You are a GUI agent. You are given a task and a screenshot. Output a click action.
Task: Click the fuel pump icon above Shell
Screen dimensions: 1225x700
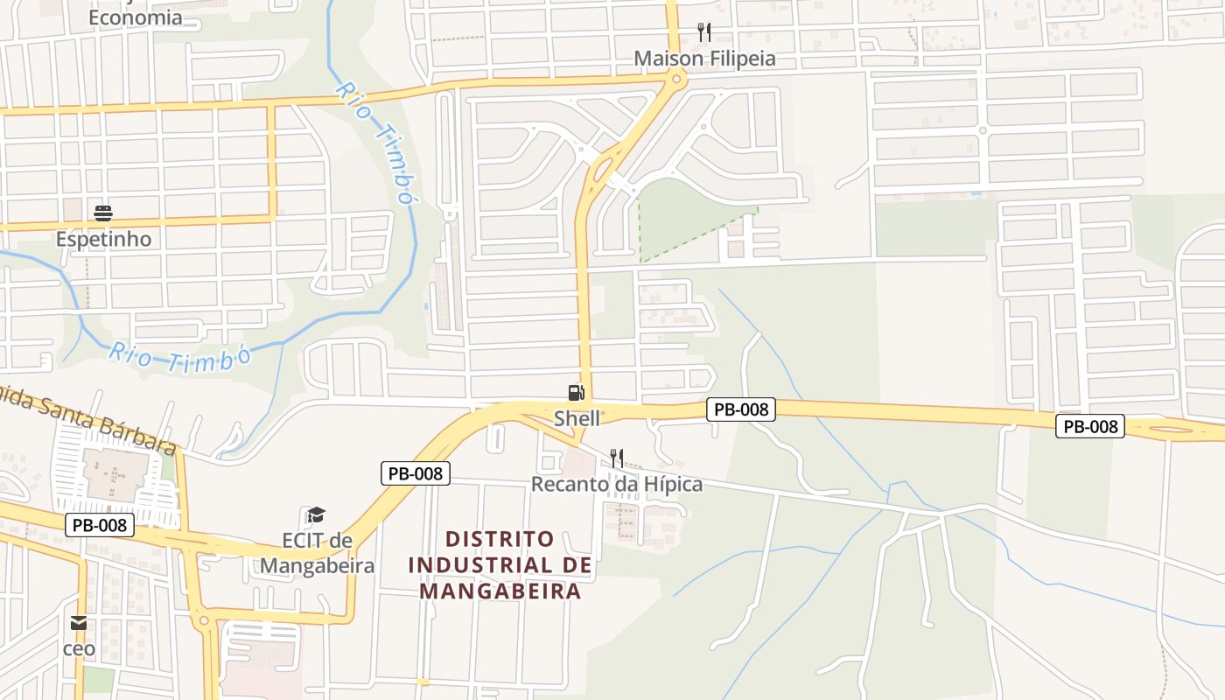coord(575,393)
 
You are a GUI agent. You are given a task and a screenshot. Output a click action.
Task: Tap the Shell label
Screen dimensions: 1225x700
coord(577,418)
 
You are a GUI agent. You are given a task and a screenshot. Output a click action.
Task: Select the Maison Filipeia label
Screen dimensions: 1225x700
coord(704,59)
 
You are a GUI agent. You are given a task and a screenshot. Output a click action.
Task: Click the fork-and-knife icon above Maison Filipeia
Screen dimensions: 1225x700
coord(704,32)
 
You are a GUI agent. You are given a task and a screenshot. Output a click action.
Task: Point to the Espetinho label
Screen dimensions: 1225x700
coord(103,239)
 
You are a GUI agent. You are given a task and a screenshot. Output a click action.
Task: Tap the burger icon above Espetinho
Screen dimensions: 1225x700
coord(103,213)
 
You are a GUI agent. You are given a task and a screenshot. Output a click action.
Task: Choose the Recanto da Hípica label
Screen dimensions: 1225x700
coord(617,484)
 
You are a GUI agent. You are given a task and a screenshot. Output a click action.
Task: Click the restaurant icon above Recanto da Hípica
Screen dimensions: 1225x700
coord(617,458)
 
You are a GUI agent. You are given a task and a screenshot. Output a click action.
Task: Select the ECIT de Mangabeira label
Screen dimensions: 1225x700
coord(317,553)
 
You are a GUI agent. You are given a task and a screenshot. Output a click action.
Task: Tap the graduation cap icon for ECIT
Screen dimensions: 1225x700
coord(316,515)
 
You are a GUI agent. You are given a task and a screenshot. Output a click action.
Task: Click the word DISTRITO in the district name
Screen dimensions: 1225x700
coord(500,539)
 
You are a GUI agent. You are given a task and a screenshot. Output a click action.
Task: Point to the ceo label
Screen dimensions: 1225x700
coord(79,649)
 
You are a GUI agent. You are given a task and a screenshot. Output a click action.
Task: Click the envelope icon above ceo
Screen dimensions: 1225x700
coord(79,623)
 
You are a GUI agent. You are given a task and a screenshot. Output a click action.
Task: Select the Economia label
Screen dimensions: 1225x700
coord(136,17)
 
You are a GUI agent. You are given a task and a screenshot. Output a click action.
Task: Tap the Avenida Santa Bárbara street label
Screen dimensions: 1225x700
coord(87,417)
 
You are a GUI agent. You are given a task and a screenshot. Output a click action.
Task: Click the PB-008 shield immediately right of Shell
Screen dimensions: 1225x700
coord(741,409)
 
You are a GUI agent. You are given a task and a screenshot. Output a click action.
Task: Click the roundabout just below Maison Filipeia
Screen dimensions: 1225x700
coord(676,80)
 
